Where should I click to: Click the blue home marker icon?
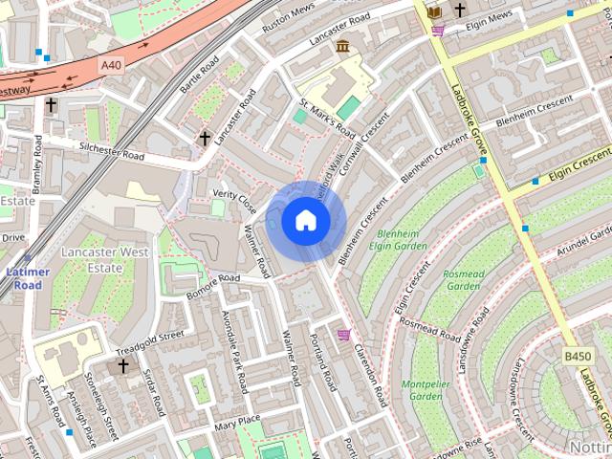pyautogui.click(x=305, y=220)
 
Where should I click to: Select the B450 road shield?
pyautogui.click(x=577, y=357)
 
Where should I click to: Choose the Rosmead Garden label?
pyautogui.click(x=463, y=279)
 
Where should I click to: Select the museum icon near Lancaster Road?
pyautogui.click(x=341, y=46)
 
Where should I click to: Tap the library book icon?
pyautogui.click(x=434, y=11)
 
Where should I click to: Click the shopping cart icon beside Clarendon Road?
pyautogui.click(x=343, y=334)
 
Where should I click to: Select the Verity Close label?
pyautogui.click(x=234, y=200)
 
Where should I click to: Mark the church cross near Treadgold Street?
pyautogui.click(x=122, y=364)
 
